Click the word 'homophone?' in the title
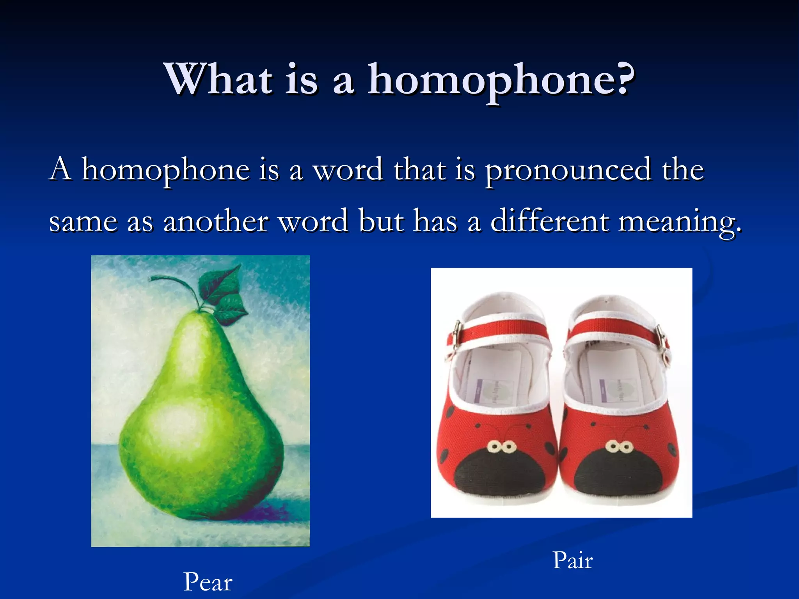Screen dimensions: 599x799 pos(501,80)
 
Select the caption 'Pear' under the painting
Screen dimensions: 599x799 pos(208,581)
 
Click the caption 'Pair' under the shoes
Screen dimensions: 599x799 pos(572,560)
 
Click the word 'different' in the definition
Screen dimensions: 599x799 pos(549,221)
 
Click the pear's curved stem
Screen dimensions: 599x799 pos(172,281)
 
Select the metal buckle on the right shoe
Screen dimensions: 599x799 pos(661,339)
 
